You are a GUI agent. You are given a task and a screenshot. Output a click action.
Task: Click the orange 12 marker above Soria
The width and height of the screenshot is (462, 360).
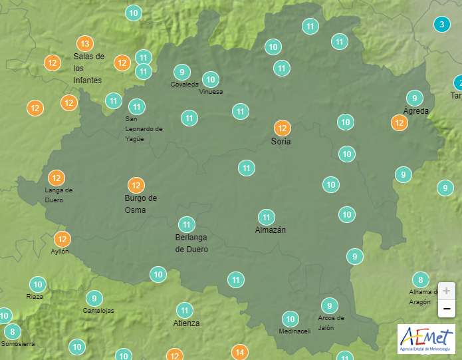(282, 128)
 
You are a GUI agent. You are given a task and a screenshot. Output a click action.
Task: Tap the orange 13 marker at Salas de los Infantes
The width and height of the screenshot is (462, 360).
(84, 43)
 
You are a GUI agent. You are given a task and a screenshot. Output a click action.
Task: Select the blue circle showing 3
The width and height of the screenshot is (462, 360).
(440, 25)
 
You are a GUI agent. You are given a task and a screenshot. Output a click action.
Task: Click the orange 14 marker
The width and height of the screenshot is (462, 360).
(240, 351)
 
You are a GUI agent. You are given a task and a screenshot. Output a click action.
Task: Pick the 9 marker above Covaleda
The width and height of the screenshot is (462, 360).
(181, 72)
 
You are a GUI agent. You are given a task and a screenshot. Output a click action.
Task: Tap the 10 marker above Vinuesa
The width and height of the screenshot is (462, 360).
(211, 80)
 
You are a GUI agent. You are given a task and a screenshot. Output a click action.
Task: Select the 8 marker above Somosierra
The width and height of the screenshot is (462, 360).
(12, 331)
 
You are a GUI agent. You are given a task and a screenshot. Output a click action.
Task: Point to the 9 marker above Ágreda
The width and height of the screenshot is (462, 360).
(415, 97)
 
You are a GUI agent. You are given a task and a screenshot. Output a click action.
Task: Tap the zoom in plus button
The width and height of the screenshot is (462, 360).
(447, 291)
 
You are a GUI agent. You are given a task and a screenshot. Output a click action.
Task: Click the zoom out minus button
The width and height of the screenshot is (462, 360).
(447, 309)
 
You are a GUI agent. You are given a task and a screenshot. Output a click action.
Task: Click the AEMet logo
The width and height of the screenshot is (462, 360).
(425, 339)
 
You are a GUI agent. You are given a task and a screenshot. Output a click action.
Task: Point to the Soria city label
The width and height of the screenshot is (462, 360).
(281, 142)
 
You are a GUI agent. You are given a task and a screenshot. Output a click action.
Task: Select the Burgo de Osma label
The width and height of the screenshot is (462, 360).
(141, 204)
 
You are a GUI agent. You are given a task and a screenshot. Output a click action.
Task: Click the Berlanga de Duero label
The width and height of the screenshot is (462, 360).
(191, 244)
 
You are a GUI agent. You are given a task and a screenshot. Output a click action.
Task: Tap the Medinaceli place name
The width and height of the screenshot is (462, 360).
(294, 331)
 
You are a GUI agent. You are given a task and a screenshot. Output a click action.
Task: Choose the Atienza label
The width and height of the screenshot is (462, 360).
(185, 323)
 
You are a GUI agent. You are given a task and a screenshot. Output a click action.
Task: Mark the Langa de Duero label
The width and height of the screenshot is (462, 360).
(58, 194)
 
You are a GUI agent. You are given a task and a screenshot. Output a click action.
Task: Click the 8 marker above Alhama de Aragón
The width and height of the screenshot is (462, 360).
(420, 279)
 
